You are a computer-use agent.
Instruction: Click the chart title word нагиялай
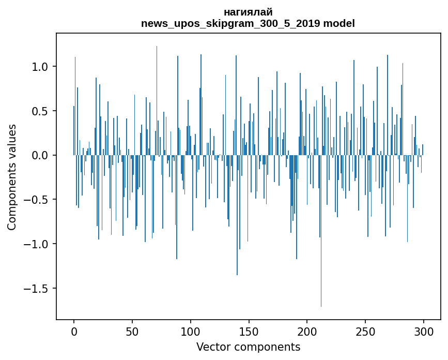coord(248,12)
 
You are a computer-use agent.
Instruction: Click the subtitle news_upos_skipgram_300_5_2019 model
coord(248,23)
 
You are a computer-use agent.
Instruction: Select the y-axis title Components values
coord(11,177)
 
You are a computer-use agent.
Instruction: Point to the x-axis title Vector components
coord(248,347)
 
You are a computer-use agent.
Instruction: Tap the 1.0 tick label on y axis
coord(40,67)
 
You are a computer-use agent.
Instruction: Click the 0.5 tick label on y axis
coord(40,111)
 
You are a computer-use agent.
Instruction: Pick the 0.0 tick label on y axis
coord(40,155)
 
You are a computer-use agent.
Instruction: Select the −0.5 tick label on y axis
coord(37,200)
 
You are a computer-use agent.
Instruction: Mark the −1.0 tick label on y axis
coord(37,244)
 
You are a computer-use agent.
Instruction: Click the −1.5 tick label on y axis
coord(37,288)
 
